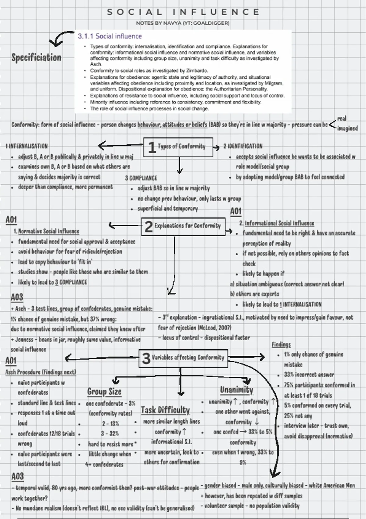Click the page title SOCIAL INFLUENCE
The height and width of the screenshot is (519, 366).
[x=183, y=12]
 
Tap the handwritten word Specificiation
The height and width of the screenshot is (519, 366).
[x=36, y=57]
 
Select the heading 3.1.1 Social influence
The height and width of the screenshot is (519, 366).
[x=110, y=36]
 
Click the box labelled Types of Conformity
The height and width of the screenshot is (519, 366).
[x=178, y=147]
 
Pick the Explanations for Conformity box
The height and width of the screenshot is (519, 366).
[x=183, y=226]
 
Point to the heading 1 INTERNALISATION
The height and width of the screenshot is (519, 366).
[x=27, y=146]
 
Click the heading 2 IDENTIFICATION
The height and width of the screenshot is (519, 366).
[x=243, y=146]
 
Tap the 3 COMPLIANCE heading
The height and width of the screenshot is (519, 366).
[x=141, y=178]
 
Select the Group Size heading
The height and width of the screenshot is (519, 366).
[x=104, y=391]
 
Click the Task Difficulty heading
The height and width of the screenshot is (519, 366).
[x=165, y=410]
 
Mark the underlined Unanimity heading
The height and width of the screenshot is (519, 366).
[x=237, y=390]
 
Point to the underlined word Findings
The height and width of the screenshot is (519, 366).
[x=281, y=344]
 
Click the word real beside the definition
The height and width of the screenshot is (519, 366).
[x=342, y=118]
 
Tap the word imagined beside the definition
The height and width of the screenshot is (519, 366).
[x=347, y=128]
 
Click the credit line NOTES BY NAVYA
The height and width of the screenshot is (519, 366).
[x=183, y=23]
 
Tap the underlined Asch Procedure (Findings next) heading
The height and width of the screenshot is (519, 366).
[x=41, y=372]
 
